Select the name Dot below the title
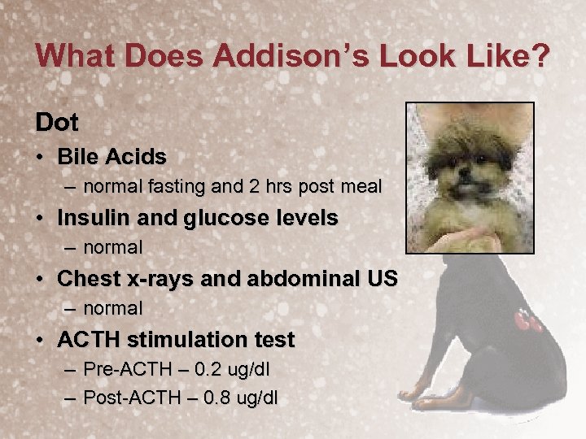[57, 123]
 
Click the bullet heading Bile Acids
[112, 156]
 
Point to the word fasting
[177, 186]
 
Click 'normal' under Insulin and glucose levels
[113, 247]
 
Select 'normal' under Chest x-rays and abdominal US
[113, 309]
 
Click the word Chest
[86, 279]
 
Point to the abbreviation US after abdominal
[382, 279]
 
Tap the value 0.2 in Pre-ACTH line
[196, 370]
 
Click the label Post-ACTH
[125, 398]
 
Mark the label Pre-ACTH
[121, 370]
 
